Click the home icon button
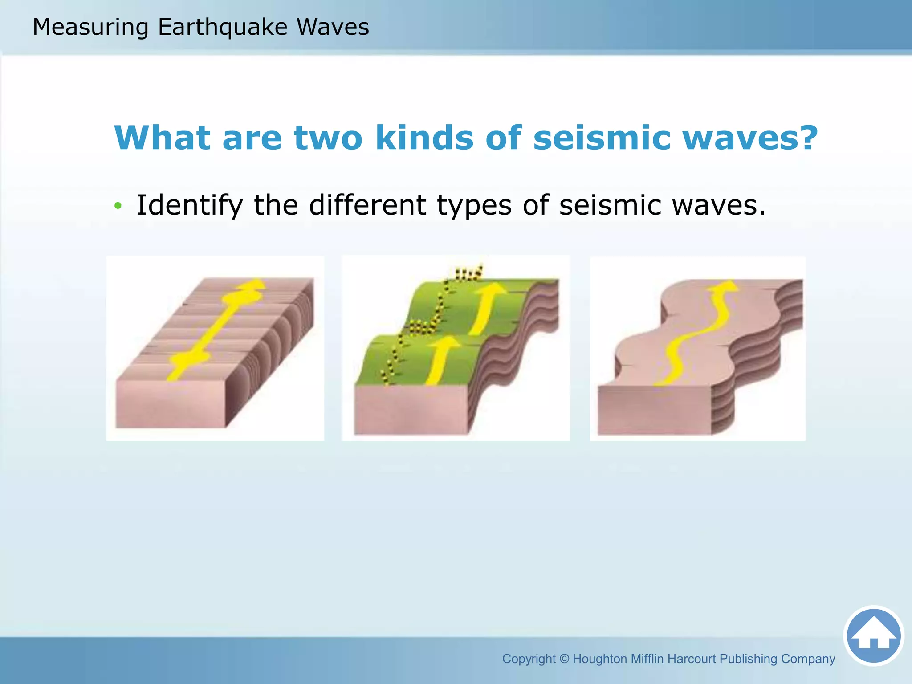click(x=873, y=635)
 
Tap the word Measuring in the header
click(x=90, y=27)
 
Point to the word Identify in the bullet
click(x=189, y=206)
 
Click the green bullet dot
click(x=118, y=206)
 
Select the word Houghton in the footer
click(x=599, y=659)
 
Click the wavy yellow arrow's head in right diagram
click(x=724, y=287)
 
